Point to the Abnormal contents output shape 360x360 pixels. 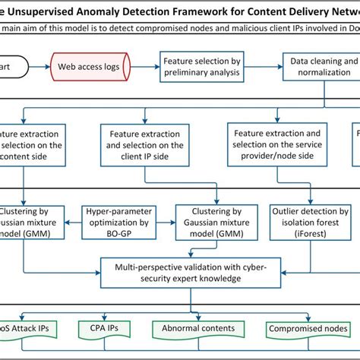(193, 329)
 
